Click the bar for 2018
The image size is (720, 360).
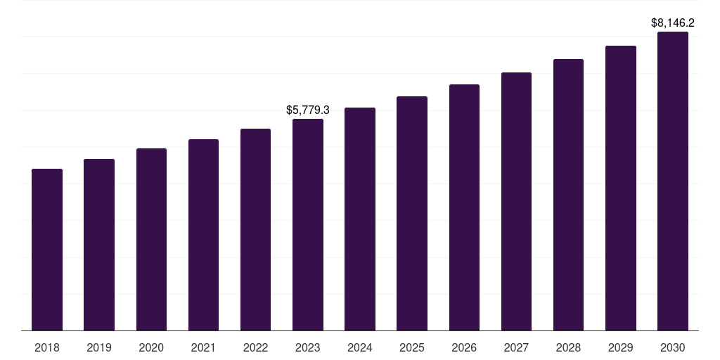click(x=47, y=250)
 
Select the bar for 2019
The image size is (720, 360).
click(x=99, y=245)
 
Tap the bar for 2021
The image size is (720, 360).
click(x=203, y=235)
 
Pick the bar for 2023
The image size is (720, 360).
click(x=308, y=225)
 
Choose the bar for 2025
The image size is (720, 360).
click(x=412, y=214)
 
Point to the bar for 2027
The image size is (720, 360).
click(x=516, y=202)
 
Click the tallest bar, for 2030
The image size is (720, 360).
click(x=673, y=181)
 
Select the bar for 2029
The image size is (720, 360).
click(x=621, y=188)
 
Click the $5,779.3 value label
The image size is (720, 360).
click(x=308, y=110)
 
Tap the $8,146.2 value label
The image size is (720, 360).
click(x=673, y=22)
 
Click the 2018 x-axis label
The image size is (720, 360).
click(x=47, y=347)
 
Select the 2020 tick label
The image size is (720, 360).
click(x=151, y=347)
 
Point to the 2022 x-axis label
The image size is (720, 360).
click(x=255, y=347)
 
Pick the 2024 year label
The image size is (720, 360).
click(x=360, y=347)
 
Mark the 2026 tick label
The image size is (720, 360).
click(x=464, y=347)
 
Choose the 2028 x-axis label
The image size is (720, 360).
click(x=568, y=347)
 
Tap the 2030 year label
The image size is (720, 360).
click(x=673, y=347)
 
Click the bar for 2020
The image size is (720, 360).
click(x=151, y=240)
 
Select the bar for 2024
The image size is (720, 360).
click(x=360, y=219)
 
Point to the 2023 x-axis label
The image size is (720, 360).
click(x=308, y=347)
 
